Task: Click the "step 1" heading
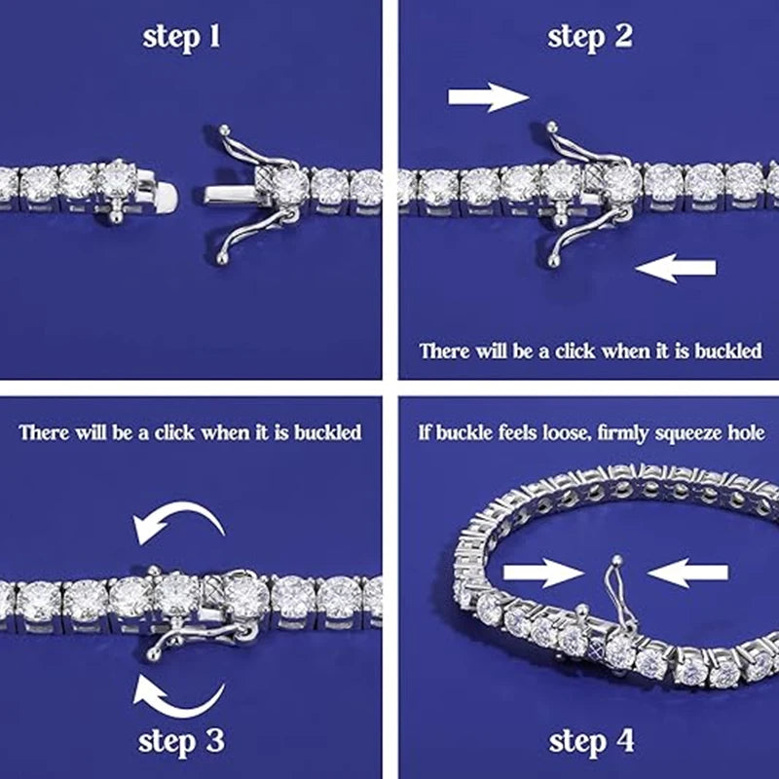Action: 181,38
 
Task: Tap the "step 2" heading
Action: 590,38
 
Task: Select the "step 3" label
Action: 181,742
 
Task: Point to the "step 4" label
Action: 591,742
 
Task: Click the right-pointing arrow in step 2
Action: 489,97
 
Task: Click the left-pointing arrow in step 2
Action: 676,269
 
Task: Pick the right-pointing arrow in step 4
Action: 543,573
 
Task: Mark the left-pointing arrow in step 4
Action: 688,573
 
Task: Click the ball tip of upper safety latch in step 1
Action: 225,130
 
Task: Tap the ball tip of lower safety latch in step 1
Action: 222,259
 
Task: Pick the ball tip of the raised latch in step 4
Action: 616,560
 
